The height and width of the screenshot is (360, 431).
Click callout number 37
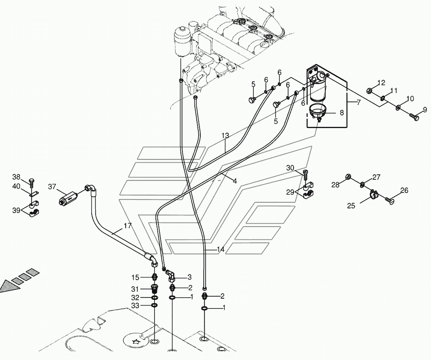(x=53, y=186)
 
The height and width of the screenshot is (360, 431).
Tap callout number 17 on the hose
(x=127, y=226)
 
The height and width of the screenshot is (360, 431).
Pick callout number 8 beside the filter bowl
(x=341, y=112)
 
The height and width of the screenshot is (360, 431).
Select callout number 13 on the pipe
(x=225, y=136)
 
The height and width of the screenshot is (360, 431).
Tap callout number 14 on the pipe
(x=221, y=250)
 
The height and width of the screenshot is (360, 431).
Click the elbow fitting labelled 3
(x=170, y=277)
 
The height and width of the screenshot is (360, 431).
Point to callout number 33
(x=135, y=305)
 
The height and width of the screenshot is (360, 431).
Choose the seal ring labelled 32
(x=154, y=298)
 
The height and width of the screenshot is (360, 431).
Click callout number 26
(x=404, y=190)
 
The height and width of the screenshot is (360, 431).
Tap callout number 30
(x=290, y=168)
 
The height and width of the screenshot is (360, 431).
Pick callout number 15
(x=135, y=277)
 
